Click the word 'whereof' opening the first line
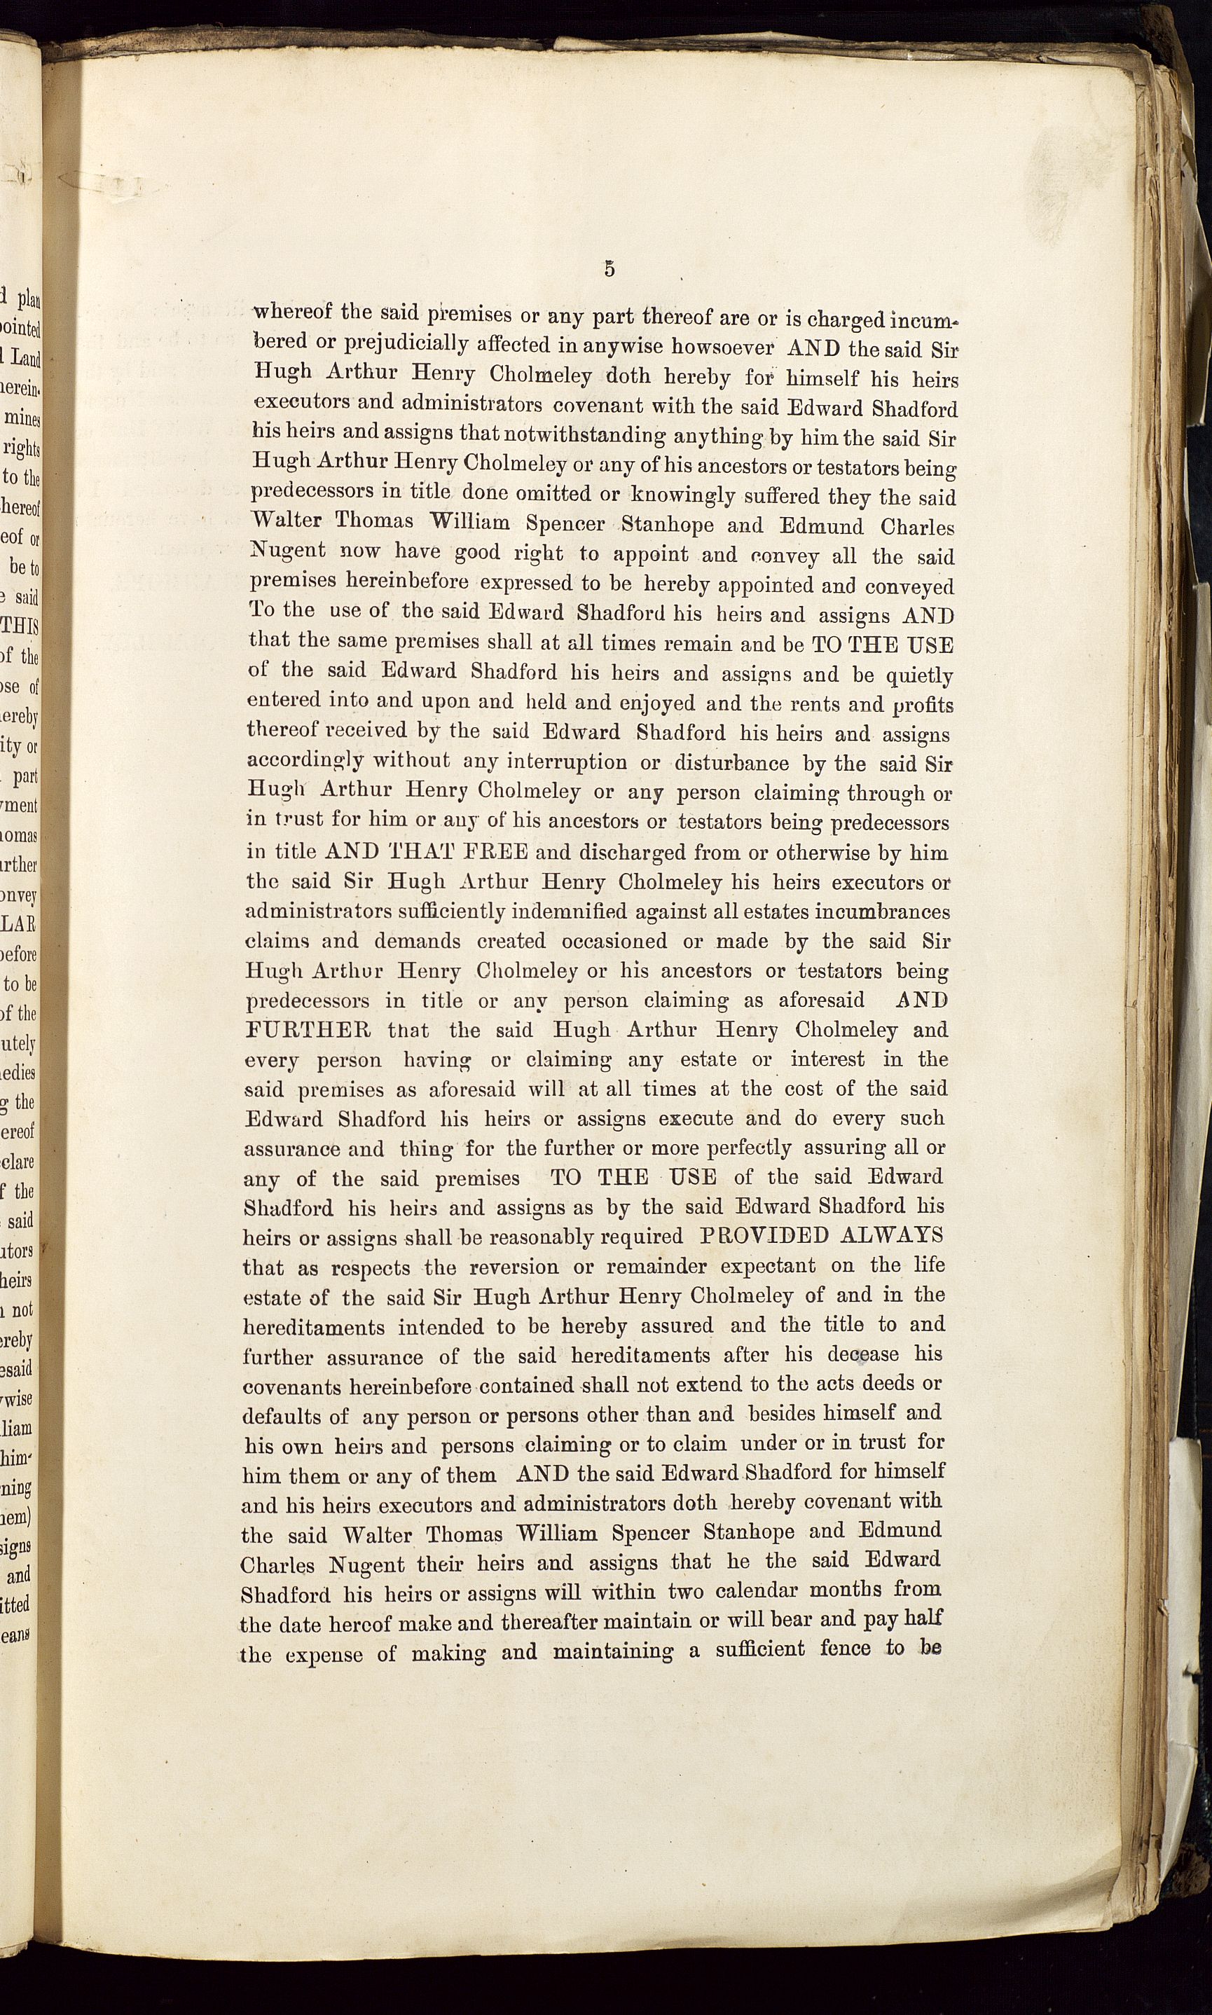pos(292,312)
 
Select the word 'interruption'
pos(567,762)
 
